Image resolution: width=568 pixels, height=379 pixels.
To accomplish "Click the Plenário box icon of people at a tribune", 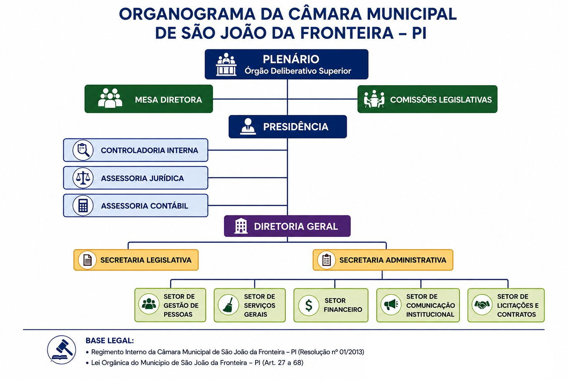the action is (x=226, y=64).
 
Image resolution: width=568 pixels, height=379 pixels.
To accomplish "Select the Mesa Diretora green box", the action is (x=149, y=99).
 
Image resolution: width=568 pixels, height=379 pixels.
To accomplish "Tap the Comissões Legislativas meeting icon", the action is (x=374, y=99).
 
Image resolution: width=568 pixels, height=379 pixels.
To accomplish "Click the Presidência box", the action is (x=288, y=127).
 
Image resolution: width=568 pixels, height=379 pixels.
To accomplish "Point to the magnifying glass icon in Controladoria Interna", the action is (x=83, y=150).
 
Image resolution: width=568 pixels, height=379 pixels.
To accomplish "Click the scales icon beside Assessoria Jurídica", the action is (x=83, y=178).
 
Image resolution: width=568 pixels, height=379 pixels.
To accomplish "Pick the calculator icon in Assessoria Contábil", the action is (x=83, y=205).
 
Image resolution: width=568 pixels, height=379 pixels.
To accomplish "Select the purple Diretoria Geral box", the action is (x=287, y=226).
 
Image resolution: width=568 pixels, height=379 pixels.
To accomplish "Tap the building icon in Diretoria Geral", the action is (x=241, y=226).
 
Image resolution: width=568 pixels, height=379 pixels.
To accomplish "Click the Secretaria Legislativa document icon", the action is (x=87, y=260).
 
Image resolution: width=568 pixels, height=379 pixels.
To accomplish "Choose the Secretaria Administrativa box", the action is (x=383, y=260).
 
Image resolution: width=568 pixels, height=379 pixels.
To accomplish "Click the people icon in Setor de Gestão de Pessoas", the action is (x=149, y=304).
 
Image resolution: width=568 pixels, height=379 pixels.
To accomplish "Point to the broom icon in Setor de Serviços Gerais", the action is (x=228, y=305).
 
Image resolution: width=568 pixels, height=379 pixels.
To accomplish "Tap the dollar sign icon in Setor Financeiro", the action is (x=309, y=305).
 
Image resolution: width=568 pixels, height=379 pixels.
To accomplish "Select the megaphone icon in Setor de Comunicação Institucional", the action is (x=391, y=305).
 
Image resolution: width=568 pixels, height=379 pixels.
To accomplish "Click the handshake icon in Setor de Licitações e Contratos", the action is (x=482, y=305).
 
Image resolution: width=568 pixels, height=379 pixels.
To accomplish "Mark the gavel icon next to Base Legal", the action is (x=62, y=350).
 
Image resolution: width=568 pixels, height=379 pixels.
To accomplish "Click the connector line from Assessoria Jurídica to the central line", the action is (x=247, y=178).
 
